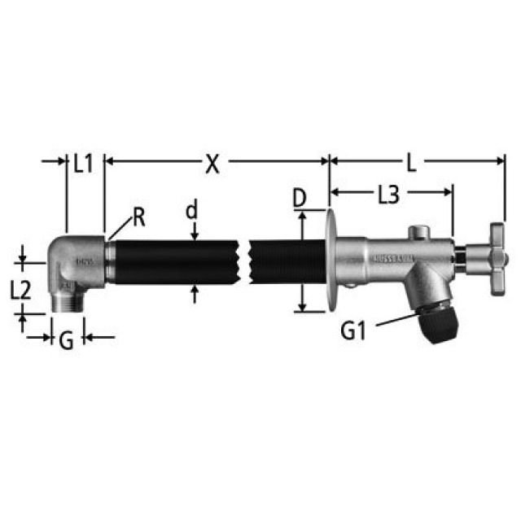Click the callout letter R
click(x=139, y=217)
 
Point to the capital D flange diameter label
click(x=300, y=197)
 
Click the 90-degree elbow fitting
click(x=80, y=265)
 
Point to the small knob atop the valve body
click(x=420, y=234)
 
